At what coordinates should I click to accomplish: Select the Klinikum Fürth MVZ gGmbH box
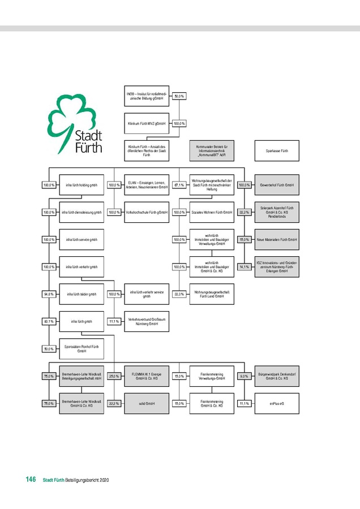[146, 123]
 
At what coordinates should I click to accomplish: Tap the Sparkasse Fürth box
[277, 151]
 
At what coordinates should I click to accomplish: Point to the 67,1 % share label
[179, 185]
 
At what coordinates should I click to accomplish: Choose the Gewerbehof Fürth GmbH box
[277, 185]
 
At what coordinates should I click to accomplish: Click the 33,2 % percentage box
[244, 212]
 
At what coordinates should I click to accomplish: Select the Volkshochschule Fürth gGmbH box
[146, 212]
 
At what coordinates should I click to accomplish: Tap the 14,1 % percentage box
[244, 266]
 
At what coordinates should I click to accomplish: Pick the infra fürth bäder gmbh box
[82, 294]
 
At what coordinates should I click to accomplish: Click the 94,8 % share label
[49, 294]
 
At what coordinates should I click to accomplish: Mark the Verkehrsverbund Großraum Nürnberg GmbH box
[146, 321]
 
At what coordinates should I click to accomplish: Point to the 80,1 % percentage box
[49, 321]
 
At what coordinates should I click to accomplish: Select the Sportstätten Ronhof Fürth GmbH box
[82, 348]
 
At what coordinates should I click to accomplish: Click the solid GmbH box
[146, 404]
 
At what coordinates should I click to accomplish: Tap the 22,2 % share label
[114, 404]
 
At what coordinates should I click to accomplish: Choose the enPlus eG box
[277, 404]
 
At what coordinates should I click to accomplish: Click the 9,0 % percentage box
[244, 376]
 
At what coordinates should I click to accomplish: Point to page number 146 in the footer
[31, 480]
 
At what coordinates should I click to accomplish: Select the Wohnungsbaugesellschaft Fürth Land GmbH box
[211, 294]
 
